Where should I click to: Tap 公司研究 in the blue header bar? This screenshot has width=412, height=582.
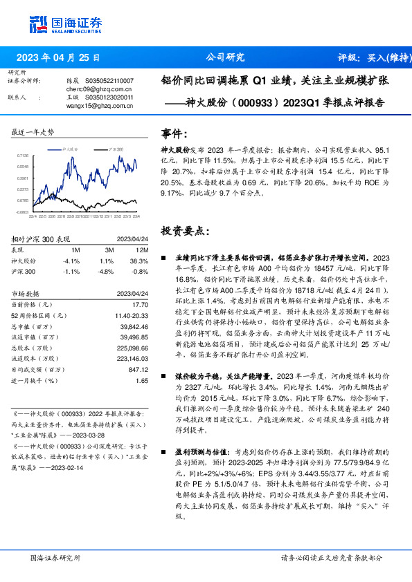(226, 58)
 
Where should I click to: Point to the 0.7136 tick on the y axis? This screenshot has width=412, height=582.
(24, 156)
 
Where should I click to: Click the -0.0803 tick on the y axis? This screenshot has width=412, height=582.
(24, 213)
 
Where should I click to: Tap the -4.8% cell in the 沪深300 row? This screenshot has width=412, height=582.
(106, 272)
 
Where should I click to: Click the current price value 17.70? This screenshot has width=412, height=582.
(141, 304)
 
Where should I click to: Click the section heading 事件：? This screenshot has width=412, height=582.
(174, 133)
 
